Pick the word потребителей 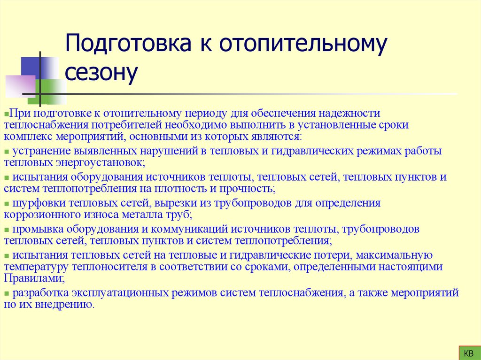130,125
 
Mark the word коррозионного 40,214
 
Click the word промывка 39,229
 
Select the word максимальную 394,255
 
